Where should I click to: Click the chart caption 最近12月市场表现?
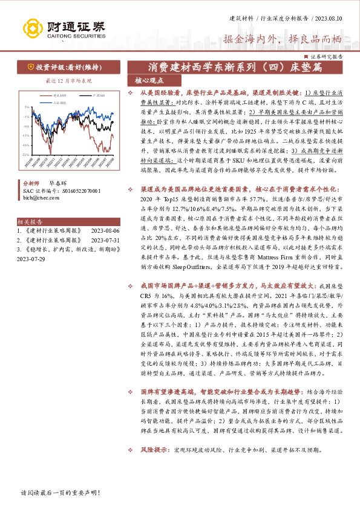(x=61, y=80)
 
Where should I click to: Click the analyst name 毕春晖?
(x=58, y=181)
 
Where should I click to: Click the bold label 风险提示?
(x=154, y=450)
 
